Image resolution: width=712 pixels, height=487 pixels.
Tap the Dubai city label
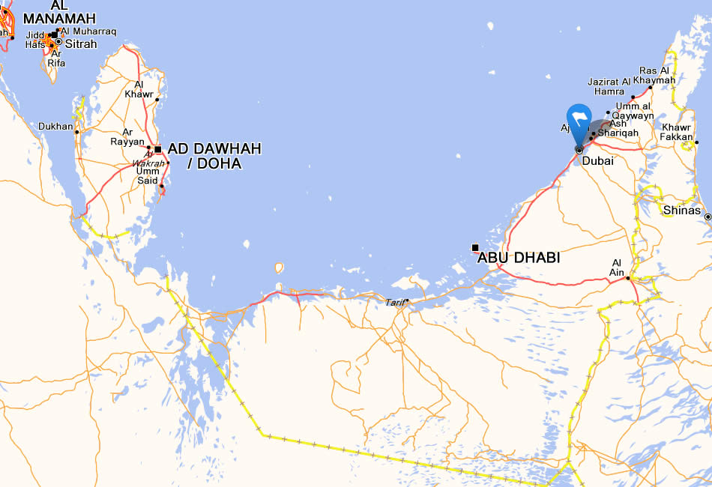pos(597,161)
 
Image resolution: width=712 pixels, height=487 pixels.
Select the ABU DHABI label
pos(519,258)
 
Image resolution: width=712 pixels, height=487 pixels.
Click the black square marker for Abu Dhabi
pos(475,247)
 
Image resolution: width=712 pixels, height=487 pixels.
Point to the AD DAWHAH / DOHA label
pos(214,156)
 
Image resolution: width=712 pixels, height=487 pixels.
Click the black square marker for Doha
pos(158,149)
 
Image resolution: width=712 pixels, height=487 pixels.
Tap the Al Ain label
pos(618,267)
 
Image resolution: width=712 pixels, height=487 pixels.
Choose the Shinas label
pos(682,211)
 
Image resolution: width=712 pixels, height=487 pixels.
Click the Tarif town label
pos(394,303)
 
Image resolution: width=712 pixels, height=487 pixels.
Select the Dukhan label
pos(56,127)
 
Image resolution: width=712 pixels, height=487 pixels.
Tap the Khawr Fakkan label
pos(678,132)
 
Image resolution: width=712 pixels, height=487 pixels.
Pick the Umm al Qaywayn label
pos(634,111)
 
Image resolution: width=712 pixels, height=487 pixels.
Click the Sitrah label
pos(81,44)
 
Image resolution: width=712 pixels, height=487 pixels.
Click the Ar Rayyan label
pos(127,136)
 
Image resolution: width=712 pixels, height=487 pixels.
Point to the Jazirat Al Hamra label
pos(609,86)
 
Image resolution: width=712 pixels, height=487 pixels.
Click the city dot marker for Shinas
pos(708,217)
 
